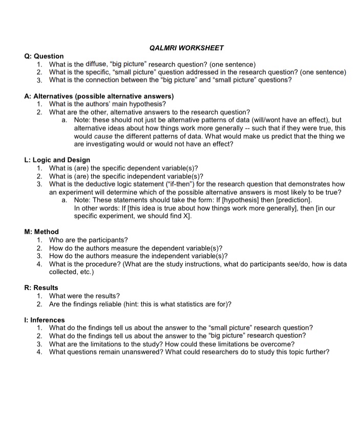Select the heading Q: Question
pos(44,56)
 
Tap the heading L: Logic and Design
pos(57,160)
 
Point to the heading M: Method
pos(41,232)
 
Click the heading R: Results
pos(41,287)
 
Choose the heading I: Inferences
pos(45,320)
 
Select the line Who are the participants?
pos(88,240)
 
